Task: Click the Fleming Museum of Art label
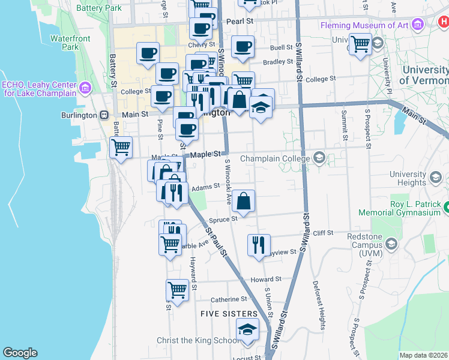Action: pyautogui.click(x=364, y=25)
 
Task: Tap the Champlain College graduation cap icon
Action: pyautogui.click(x=319, y=158)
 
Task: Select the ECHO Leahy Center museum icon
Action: pyautogui.click(x=85, y=89)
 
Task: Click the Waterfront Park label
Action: pyautogui.click(x=65, y=42)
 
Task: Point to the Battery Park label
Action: pyautogui.click(x=100, y=8)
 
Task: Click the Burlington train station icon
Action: pyautogui.click(x=104, y=115)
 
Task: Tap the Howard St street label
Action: pyautogui.click(x=266, y=280)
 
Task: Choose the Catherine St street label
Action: pyautogui.click(x=229, y=299)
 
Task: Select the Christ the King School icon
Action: pyautogui.click(x=247, y=331)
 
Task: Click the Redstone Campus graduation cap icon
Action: pyautogui.click(x=391, y=244)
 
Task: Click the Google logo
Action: pyautogui.click(x=20, y=353)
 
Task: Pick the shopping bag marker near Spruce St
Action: pyautogui.click(x=244, y=202)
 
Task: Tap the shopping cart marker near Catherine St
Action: pyautogui.click(x=178, y=291)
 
